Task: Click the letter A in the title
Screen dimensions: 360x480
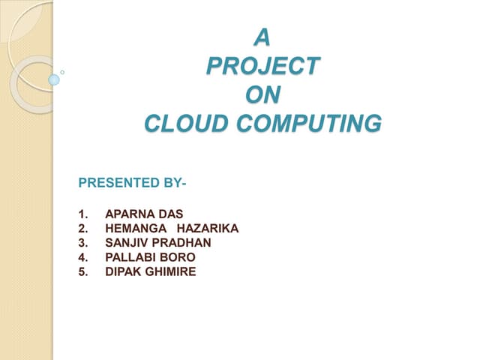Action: (x=262, y=35)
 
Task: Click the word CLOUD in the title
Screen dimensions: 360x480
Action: (x=179, y=122)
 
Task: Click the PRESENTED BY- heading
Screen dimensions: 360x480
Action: (x=132, y=182)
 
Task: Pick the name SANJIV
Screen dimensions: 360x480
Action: (x=126, y=243)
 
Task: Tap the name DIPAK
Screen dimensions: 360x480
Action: (x=123, y=271)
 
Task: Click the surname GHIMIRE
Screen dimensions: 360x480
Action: (x=171, y=271)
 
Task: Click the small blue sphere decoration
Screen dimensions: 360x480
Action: (x=54, y=79)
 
